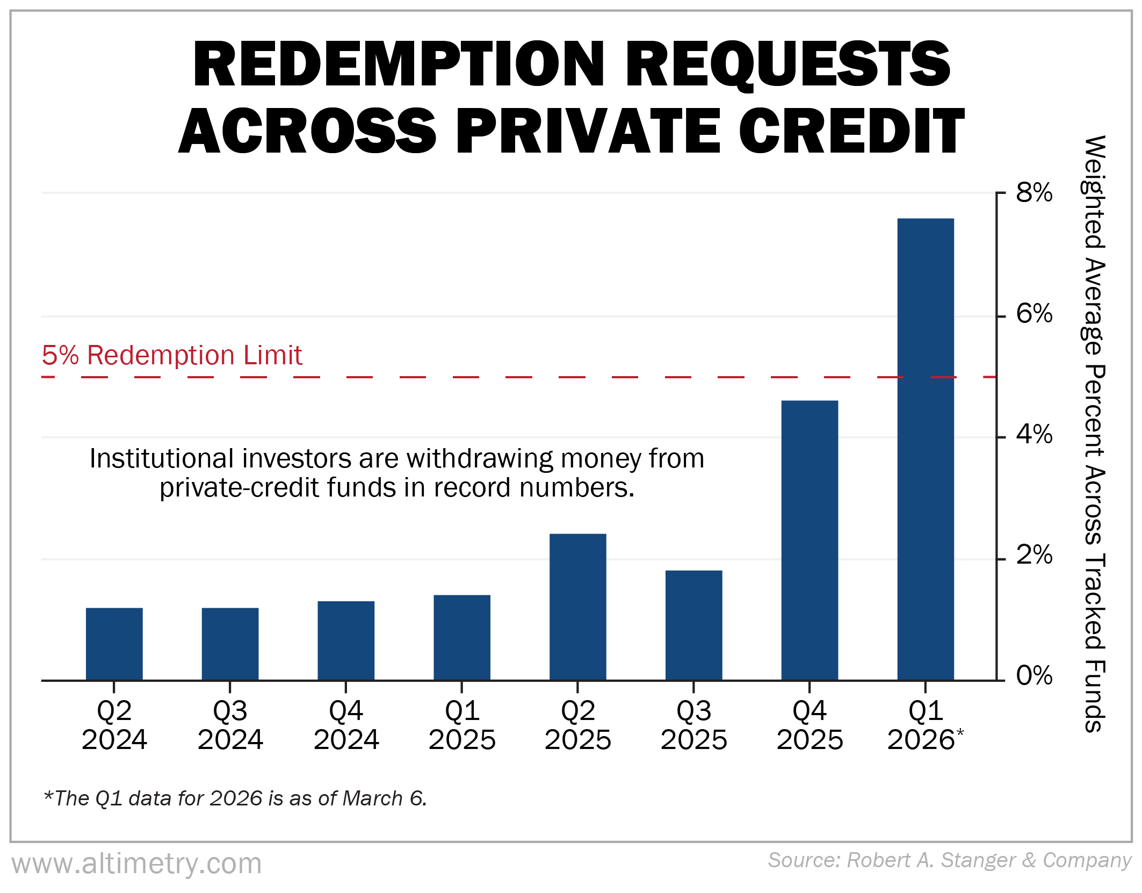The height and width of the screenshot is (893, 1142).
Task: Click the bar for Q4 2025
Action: [809, 540]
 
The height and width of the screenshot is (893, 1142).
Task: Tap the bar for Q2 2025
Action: [577, 607]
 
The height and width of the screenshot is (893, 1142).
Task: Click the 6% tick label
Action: [1034, 314]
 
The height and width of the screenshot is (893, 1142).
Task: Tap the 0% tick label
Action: [1034, 675]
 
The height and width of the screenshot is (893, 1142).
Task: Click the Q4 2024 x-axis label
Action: [346, 725]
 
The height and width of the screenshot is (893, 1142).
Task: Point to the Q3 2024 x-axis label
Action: [230, 725]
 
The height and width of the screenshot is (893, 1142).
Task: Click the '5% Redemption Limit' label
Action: [172, 355]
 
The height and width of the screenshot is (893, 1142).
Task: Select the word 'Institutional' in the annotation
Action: [161, 459]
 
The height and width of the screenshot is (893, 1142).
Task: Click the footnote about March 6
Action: [235, 798]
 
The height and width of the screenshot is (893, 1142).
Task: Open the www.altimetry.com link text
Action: [137, 864]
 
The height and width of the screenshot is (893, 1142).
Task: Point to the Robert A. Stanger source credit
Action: [949, 860]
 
